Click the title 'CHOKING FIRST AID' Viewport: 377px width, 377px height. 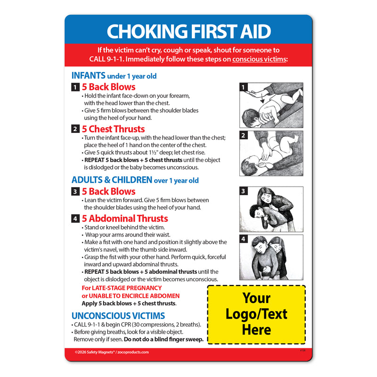pos(188,31)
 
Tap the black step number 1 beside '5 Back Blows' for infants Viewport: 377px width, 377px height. pos(75,87)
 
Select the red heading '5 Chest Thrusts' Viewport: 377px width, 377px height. pos(113,129)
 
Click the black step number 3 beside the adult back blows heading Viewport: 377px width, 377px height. pos(75,192)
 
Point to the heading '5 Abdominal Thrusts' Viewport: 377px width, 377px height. pos(125,218)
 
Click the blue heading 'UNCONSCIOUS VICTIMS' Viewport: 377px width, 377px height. pos(118,316)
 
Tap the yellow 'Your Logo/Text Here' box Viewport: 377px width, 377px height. pos(257,314)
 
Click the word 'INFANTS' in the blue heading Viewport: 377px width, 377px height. pos(88,75)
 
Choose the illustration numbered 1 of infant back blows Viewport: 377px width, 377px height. pos(271,106)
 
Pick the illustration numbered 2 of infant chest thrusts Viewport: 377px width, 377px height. pos(271,153)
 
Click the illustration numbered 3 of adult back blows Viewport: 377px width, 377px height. pos(271,209)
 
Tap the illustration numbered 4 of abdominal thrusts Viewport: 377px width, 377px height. pos(271,257)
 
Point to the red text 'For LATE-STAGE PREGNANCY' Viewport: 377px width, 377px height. pos(122,288)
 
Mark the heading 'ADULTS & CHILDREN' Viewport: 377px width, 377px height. pos(112,180)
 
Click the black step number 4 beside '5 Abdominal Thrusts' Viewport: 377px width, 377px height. pos(75,219)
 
